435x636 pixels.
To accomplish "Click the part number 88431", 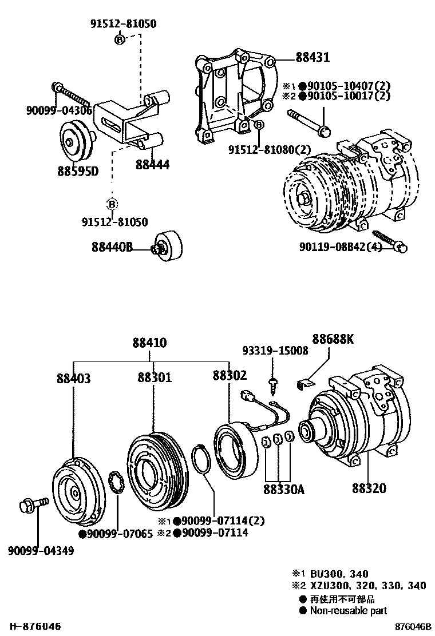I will tap(313, 58).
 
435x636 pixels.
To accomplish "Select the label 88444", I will tap(152, 165).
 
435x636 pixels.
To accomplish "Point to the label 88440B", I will tap(112, 247).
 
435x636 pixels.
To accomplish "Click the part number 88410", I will tap(149, 343).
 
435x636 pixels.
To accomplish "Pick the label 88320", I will tap(369, 488).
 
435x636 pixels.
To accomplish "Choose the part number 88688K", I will tap(333, 339).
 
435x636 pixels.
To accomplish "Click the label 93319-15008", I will tap(274, 351).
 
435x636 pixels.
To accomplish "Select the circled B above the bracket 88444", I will tap(120, 39).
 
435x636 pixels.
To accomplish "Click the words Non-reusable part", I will tap(348, 610).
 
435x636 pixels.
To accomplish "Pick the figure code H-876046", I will tap(34, 627).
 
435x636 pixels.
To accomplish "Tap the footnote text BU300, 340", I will tap(339, 574).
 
